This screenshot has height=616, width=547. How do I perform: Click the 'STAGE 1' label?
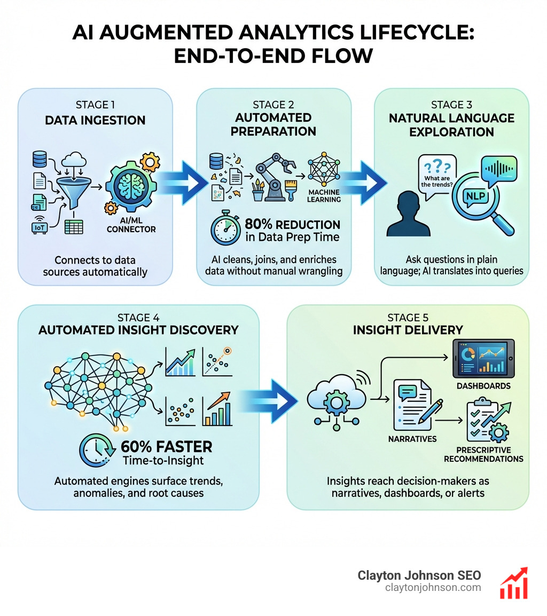point(95,105)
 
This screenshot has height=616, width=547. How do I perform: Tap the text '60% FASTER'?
point(166,446)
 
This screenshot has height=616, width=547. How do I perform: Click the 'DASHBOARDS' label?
point(484,385)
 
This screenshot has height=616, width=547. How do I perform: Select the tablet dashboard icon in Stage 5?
point(483,358)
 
